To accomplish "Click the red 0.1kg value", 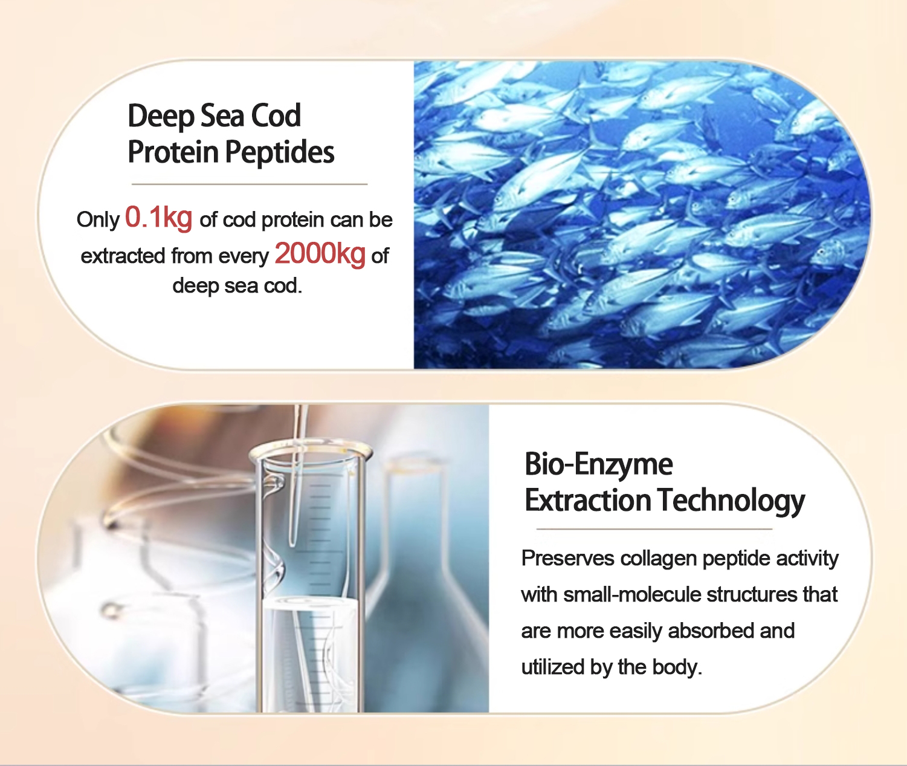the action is click(x=158, y=218).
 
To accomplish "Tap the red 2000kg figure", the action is click(x=320, y=253).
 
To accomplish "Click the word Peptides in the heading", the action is click(x=280, y=152).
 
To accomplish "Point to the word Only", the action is click(x=98, y=221).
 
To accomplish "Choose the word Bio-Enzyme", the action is click(x=599, y=464).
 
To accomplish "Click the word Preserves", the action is click(x=568, y=558).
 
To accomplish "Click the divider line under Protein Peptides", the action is click(x=250, y=184).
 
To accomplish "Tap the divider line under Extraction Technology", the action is click(x=654, y=529).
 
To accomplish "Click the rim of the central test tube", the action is click(x=311, y=452).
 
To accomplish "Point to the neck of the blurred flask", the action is click(x=416, y=513).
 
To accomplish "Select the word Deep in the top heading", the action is click(x=161, y=117).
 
